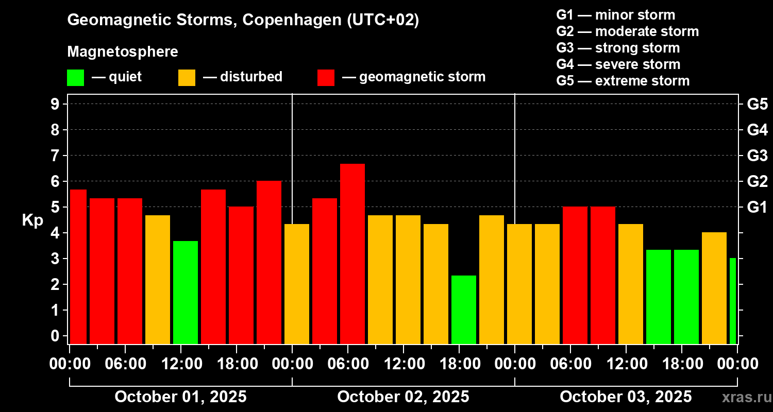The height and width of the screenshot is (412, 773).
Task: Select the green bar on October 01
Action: point(186,292)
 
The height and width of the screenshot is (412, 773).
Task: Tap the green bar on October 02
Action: point(464,310)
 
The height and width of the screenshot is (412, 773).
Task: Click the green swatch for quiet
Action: point(75,78)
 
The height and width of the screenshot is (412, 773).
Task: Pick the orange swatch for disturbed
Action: point(187,78)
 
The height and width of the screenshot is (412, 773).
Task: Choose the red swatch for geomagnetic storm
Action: point(326,78)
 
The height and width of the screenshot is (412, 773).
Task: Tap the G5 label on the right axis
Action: point(757,104)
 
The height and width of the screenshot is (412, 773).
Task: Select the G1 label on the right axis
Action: point(757,208)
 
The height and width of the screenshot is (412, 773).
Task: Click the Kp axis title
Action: point(32,220)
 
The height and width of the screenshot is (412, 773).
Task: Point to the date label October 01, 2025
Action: point(180,397)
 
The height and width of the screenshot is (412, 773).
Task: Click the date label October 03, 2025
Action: point(626,397)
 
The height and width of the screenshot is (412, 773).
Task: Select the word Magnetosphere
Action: point(123,52)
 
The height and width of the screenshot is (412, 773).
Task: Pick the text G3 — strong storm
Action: point(618,48)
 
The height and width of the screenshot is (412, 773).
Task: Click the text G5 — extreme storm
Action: point(623,81)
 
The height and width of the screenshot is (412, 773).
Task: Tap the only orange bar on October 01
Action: point(158,279)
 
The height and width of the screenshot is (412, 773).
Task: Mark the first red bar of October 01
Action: point(78,266)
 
